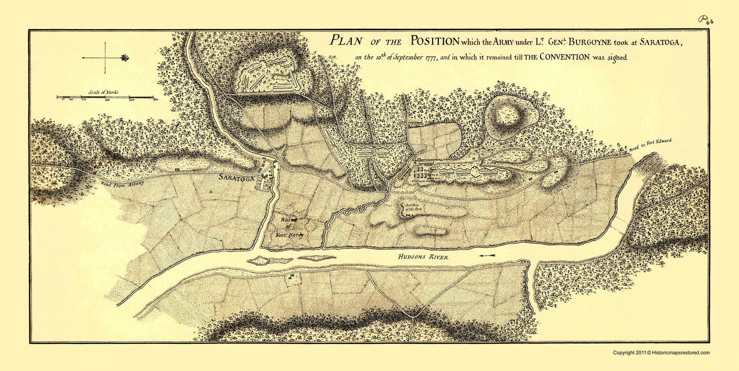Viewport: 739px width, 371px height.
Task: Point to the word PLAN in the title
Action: [x=349, y=41]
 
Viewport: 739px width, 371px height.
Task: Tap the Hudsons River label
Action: [x=424, y=257]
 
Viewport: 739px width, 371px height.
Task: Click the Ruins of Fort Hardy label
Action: [x=292, y=227]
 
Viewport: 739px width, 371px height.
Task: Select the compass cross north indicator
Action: [x=105, y=58]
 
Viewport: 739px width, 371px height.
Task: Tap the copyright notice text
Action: [x=661, y=353]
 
